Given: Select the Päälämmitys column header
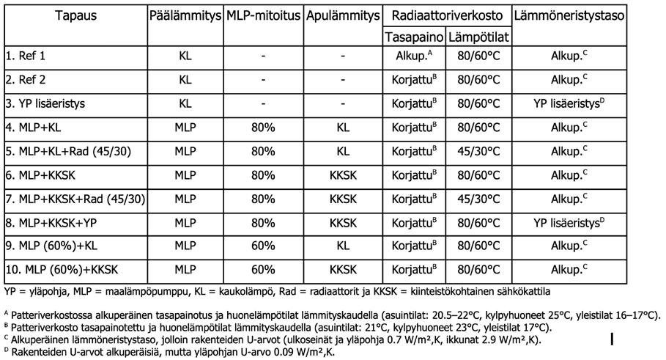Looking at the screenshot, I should click(x=185, y=15).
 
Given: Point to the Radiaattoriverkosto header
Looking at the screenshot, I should click(x=448, y=15).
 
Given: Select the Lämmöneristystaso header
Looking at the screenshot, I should click(x=570, y=15).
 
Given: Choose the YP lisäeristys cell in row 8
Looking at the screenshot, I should click(x=570, y=222).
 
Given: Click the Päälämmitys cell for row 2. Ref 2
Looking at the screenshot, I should click(x=185, y=79).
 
